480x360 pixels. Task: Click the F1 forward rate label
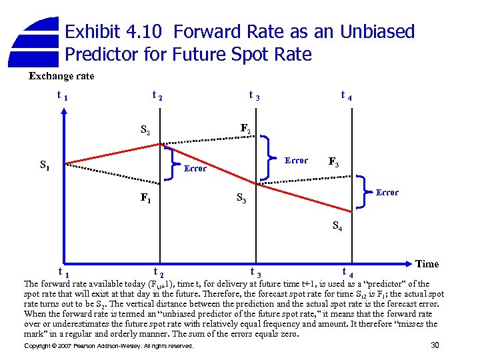(x=145, y=198)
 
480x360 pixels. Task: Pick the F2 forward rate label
(x=245, y=127)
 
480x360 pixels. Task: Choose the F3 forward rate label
(x=336, y=162)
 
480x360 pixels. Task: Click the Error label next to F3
(x=296, y=161)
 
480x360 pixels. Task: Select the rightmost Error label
(x=387, y=193)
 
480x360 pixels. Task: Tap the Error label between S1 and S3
(x=195, y=169)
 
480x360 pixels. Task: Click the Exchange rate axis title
(x=61, y=76)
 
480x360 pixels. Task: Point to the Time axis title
(x=427, y=264)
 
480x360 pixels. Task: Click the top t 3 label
(x=254, y=96)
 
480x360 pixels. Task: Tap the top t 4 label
(x=346, y=96)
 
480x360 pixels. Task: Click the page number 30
(x=435, y=345)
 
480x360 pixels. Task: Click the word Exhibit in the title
(x=93, y=32)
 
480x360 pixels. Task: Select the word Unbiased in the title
(x=378, y=32)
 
